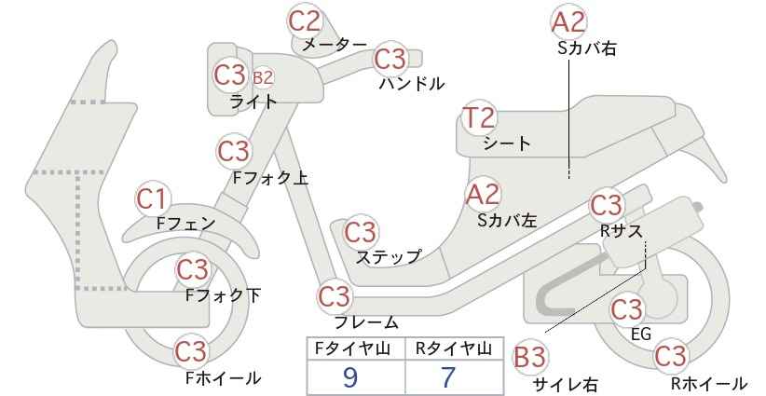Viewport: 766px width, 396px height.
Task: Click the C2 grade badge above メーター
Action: click(x=305, y=21)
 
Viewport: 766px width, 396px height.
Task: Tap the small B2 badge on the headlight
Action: click(x=263, y=77)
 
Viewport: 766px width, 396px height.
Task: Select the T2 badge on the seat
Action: click(x=479, y=117)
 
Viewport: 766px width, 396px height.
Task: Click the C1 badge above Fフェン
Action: click(x=153, y=199)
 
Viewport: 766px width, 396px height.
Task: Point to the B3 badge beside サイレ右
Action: click(x=530, y=358)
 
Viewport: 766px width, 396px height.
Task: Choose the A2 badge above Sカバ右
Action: click(x=568, y=22)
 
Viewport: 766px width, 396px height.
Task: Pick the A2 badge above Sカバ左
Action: click(x=483, y=195)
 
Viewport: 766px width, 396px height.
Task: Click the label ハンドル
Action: click(x=412, y=84)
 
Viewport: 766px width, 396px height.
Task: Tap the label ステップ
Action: click(x=389, y=257)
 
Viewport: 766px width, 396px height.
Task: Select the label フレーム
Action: click(x=366, y=322)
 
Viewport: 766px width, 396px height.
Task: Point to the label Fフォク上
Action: click(x=270, y=178)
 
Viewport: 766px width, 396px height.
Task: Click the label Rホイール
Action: click(x=708, y=383)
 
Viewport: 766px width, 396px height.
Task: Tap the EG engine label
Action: click(x=641, y=334)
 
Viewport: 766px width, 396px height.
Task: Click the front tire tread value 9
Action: click(x=350, y=377)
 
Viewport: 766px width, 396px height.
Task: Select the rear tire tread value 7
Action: click(x=448, y=377)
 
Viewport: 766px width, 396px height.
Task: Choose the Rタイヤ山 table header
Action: click(x=454, y=348)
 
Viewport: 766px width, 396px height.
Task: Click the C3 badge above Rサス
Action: click(x=607, y=206)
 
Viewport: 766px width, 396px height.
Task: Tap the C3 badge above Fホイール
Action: click(x=192, y=351)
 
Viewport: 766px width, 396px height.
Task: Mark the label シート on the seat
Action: click(x=507, y=143)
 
